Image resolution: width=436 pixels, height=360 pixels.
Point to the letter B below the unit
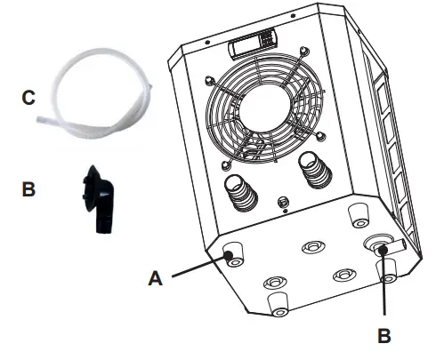pos(385,336)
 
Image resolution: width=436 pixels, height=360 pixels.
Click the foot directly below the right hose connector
pos(358,212)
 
